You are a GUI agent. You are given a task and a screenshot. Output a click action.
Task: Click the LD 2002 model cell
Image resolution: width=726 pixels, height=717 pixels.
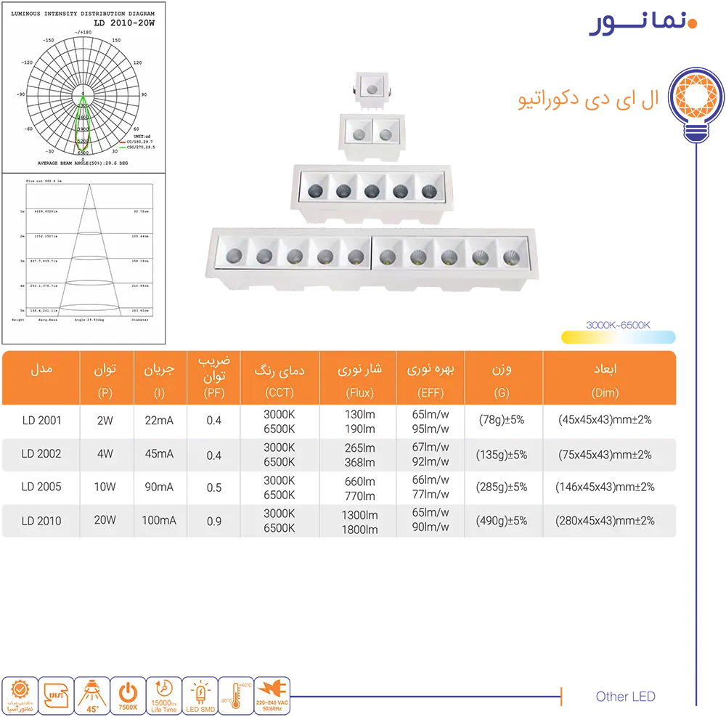41,454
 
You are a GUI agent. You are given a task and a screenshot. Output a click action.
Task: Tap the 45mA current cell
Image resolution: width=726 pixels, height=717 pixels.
160,454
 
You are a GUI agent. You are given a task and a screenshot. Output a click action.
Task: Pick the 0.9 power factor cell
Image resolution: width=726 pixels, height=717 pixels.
213,521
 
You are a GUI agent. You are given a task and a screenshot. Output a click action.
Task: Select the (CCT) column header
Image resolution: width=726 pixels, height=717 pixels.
280,393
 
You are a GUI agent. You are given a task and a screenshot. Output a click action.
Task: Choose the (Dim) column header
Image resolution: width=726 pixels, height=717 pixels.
605,393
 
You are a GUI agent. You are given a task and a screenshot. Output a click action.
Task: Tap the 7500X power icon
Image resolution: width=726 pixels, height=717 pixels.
129,696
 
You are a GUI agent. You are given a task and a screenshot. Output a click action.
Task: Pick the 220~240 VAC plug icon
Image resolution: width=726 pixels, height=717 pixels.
272,696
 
